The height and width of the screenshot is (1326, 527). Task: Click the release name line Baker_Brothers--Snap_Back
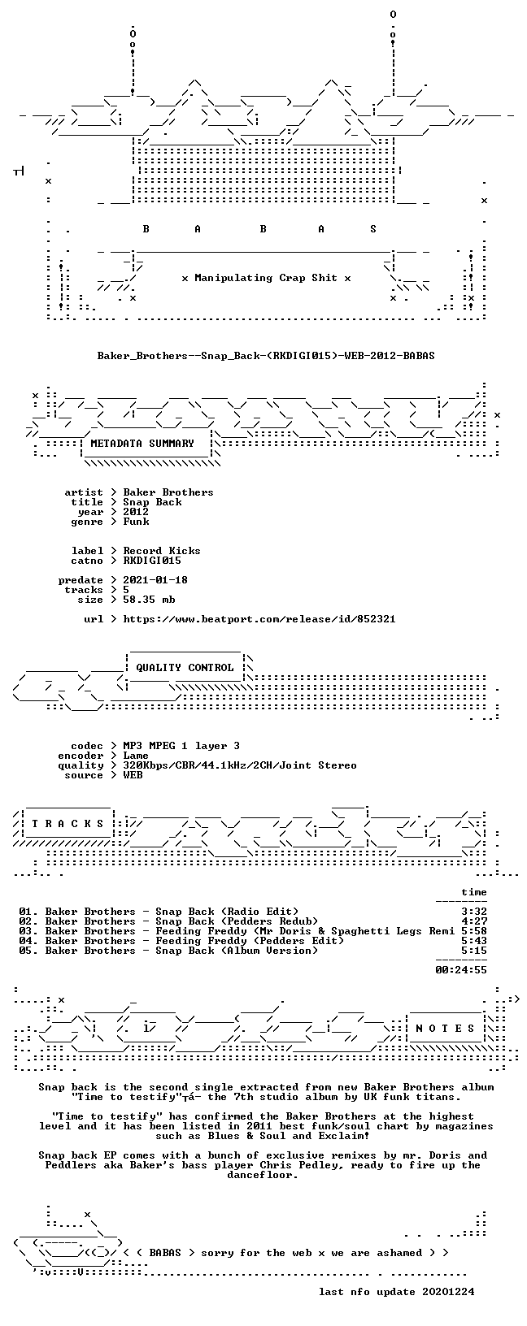(266, 356)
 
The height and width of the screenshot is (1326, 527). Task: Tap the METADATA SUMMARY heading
(142, 444)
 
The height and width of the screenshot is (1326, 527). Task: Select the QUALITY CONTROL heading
(185, 668)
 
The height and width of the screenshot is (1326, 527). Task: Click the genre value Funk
(137, 522)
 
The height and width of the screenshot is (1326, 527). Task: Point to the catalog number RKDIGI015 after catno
(152, 561)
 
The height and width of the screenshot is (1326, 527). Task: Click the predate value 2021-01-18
(155, 580)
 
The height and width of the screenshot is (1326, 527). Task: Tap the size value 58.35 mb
(150, 600)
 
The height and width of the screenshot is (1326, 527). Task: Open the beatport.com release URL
(259, 619)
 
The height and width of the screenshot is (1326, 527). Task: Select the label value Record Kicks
(162, 551)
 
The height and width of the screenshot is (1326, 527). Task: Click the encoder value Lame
(136, 756)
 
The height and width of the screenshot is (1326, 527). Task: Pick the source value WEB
(133, 775)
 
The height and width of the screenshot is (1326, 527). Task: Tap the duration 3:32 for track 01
(474, 912)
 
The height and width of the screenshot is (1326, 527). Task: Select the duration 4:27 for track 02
(474, 921)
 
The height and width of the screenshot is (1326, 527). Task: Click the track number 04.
(27, 941)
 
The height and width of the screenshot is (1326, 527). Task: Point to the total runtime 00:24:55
(461, 969)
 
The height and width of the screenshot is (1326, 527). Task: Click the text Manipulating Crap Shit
(266, 278)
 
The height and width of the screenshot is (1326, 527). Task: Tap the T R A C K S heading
(68, 823)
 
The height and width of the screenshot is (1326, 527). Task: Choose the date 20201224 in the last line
(448, 1291)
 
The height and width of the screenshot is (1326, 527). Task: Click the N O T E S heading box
(445, 1029)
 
